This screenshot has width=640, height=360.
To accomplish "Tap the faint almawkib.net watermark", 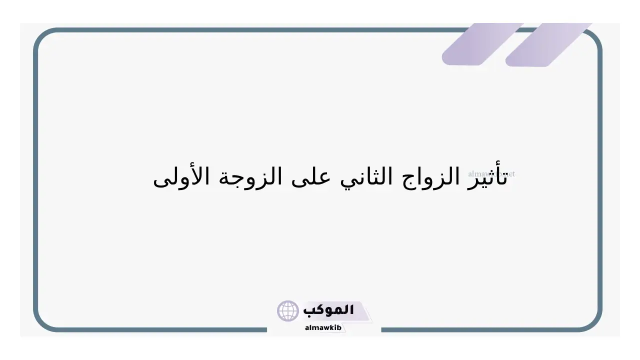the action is (491, 173).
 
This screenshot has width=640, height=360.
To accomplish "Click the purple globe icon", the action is (287, 311).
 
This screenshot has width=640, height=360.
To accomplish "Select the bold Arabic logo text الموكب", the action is (328, 310).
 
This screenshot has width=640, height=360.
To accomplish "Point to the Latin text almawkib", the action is (323, 327).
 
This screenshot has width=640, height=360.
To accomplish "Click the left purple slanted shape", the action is (482, 44).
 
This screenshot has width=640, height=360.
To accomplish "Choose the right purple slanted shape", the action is (548, 45).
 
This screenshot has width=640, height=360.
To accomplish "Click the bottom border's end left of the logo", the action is (266, 330).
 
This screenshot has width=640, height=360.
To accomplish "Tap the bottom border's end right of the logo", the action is (382, 330).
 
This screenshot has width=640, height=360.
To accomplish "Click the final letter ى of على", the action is (300, 181).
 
